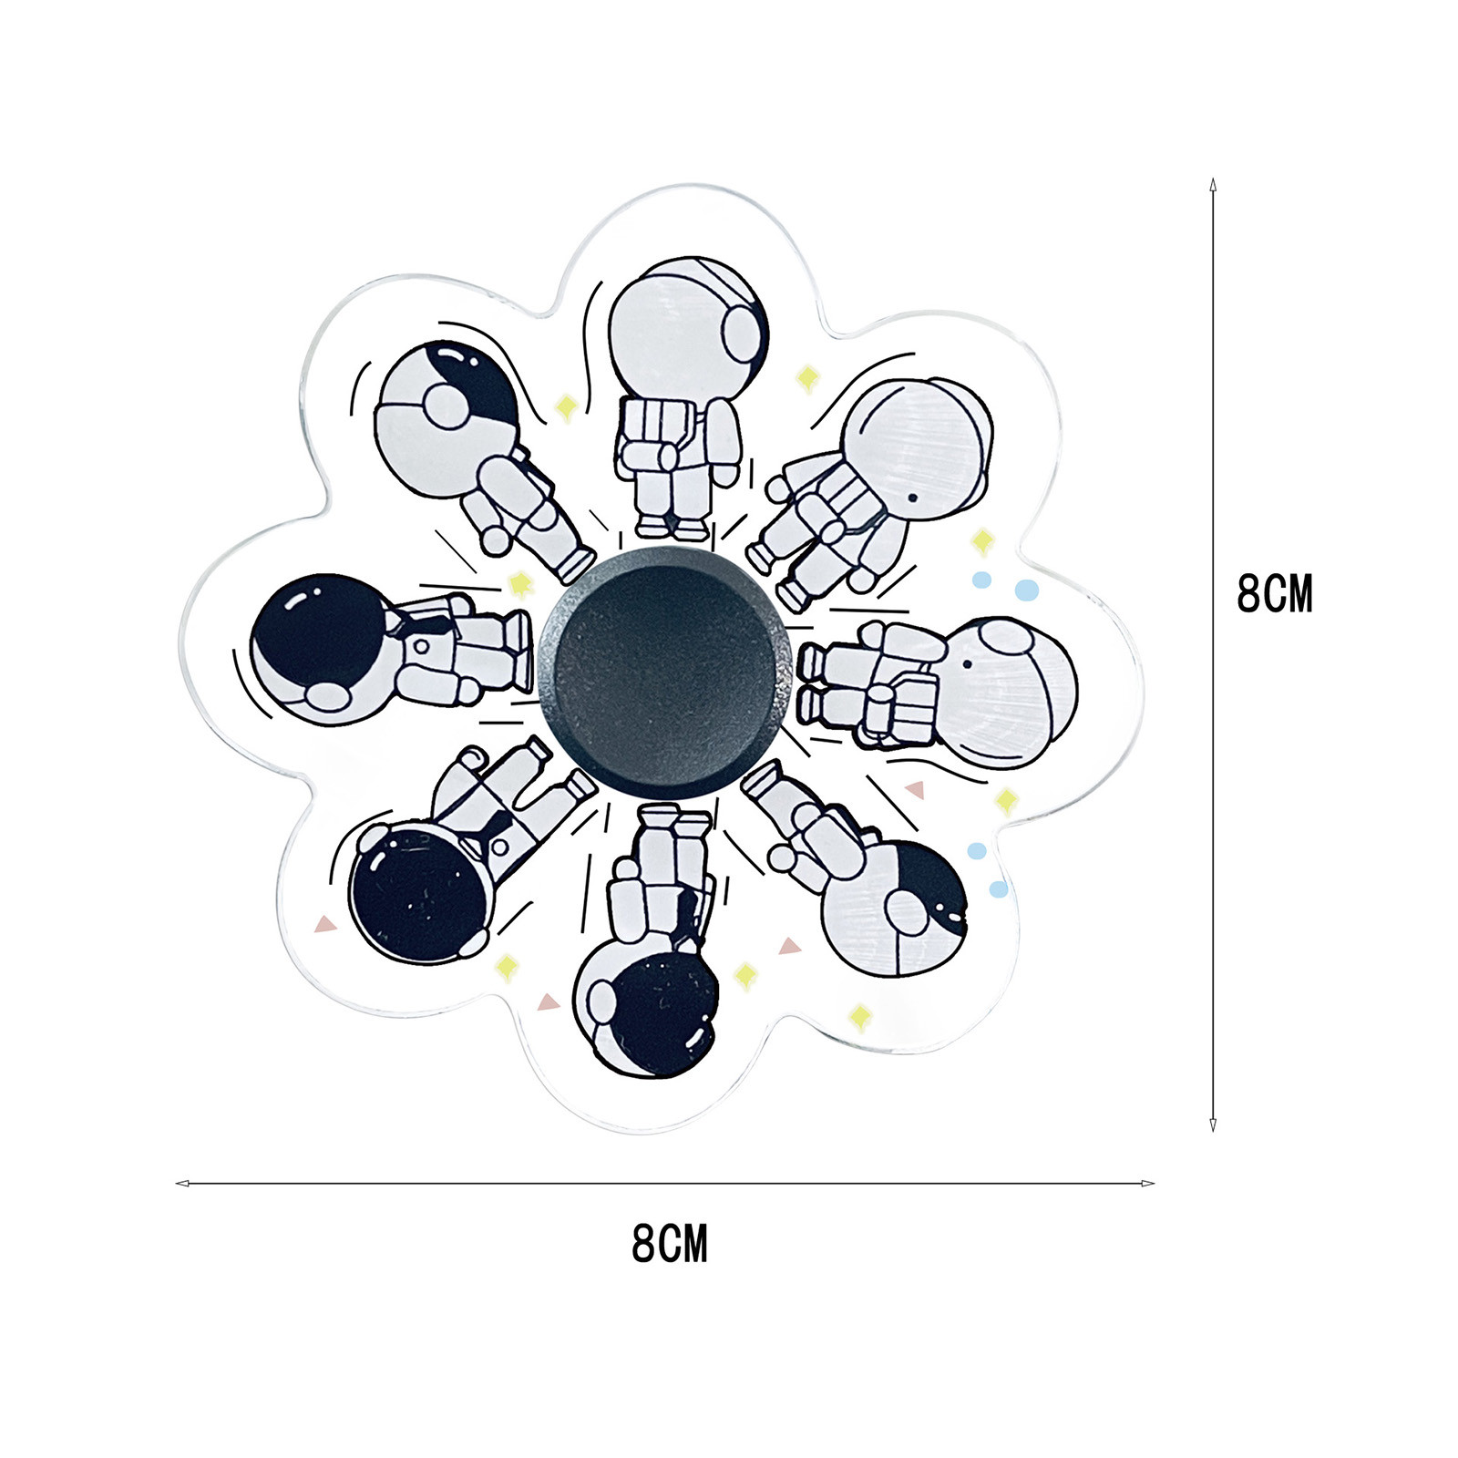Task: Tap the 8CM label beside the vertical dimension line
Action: pos(1275,594)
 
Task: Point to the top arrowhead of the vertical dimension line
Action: pos(1212,184)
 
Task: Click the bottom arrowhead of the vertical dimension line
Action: pos(1212,1125)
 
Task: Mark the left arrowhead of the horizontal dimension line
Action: pos(182,1184)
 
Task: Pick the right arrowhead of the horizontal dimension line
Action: pos(1147,1184)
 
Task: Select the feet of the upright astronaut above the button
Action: pos(671,527)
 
